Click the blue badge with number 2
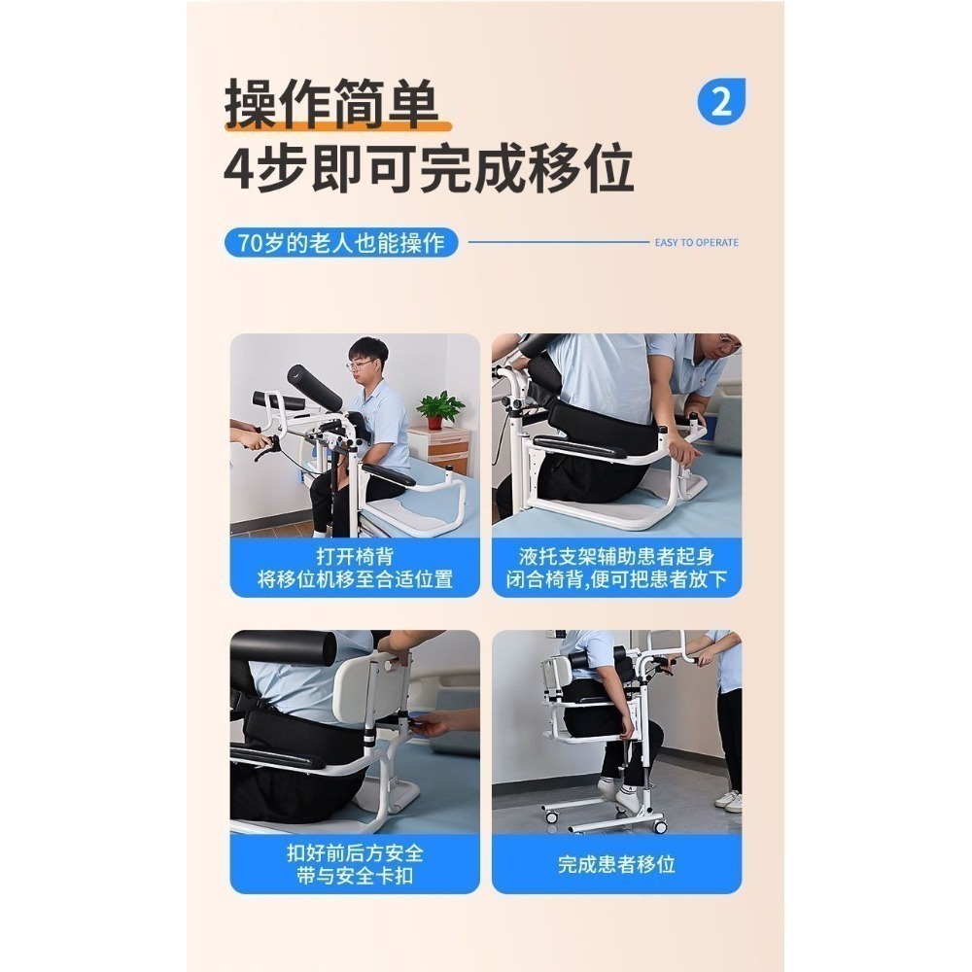point(720,100)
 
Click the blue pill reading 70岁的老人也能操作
point(341,242)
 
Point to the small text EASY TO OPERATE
point(696,243)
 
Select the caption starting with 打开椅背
point(355,569)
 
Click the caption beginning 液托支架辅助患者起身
point(616,569)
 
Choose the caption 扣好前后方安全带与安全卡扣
point(355,864)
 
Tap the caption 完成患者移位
point(616,863)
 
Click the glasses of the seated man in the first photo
point(362,364)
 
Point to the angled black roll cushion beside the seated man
point(313,387)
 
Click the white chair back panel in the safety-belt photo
point(370,688)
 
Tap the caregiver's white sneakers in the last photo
point(728,800)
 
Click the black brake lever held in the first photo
point(263,449)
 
